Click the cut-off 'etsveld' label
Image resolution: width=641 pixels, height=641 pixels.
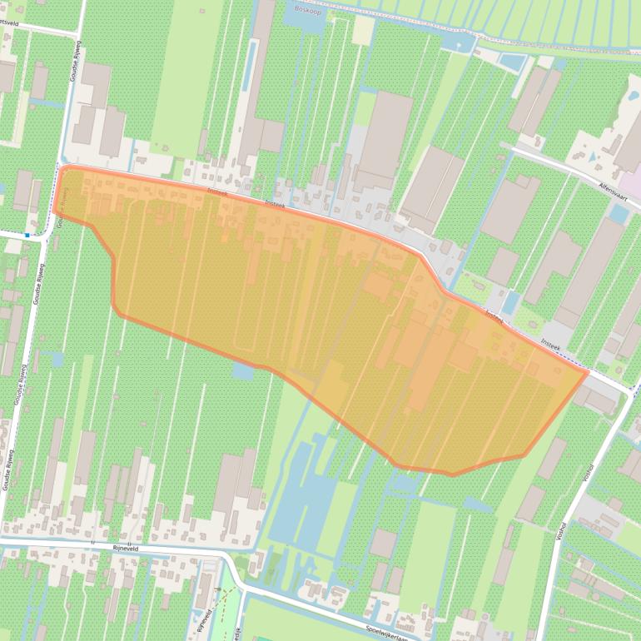point(12,24)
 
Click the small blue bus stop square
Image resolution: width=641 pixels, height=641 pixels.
point(27,236)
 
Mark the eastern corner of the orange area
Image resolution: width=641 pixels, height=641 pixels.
point(588,372)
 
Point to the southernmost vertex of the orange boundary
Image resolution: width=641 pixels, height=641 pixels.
point(452,475)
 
